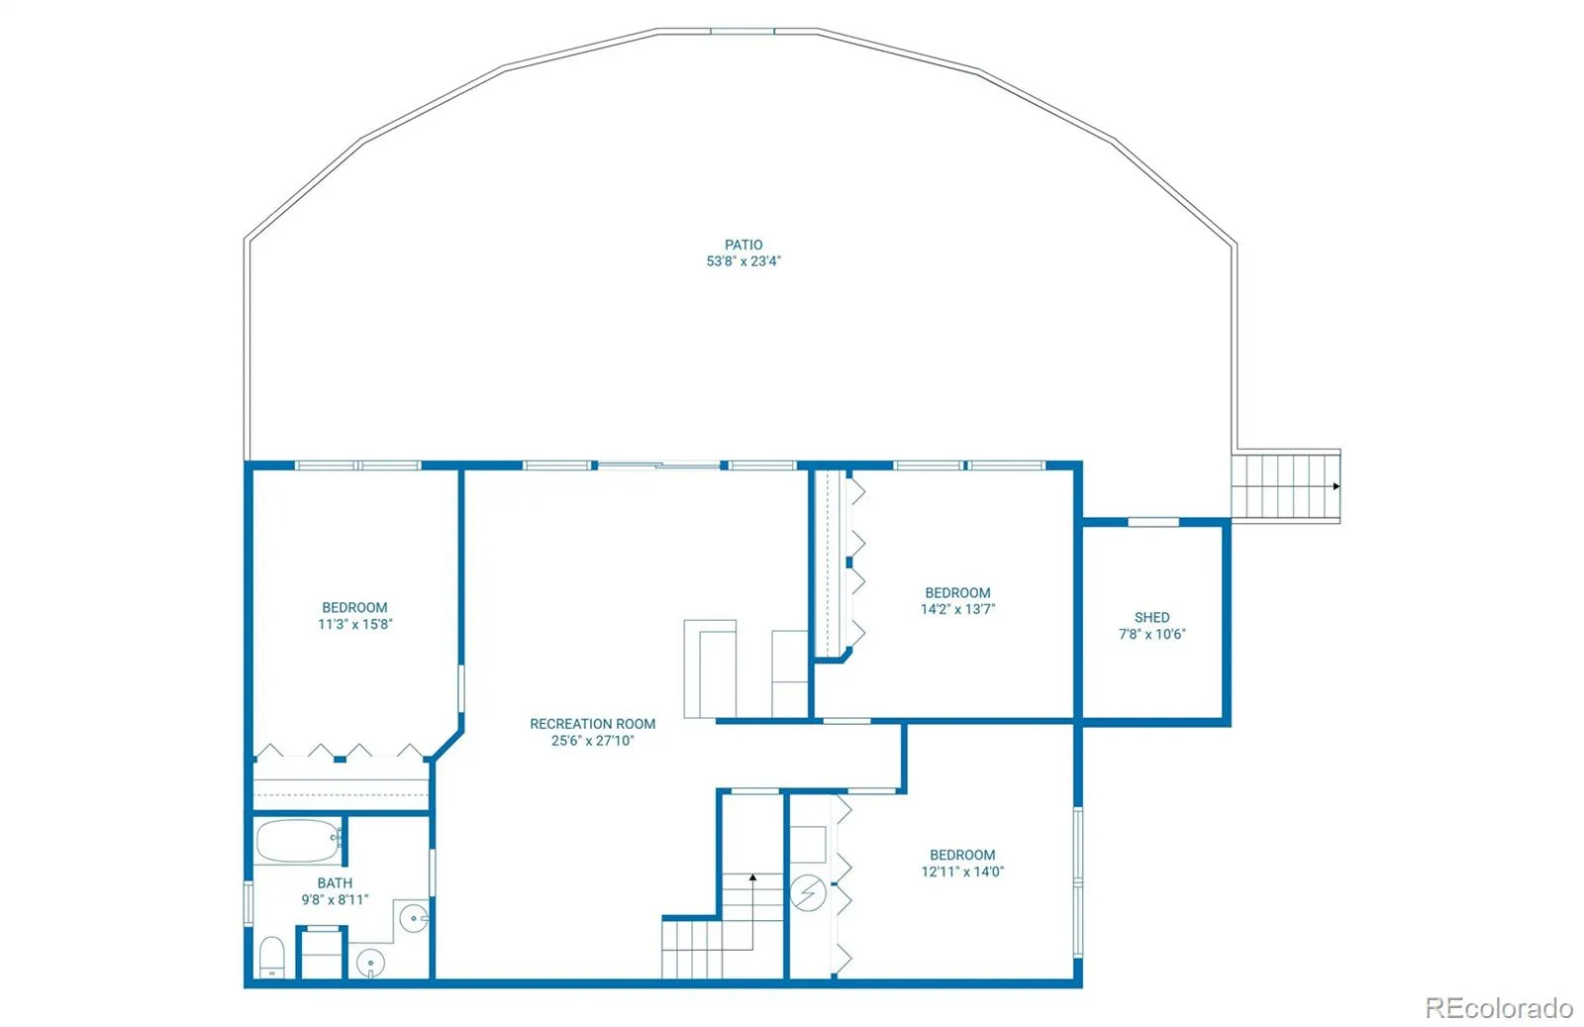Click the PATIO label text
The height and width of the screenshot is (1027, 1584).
[743, 245]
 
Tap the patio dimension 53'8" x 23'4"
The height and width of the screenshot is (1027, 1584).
[743, 261]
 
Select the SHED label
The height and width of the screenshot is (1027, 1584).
[1151, 617]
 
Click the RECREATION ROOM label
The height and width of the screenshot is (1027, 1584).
[592, 724]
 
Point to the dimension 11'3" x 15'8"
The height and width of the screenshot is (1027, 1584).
[354, 624]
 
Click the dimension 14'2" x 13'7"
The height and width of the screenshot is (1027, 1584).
[957, 609]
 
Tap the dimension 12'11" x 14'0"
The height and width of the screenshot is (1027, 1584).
[962, 872]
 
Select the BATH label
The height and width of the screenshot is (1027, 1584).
[335, 882]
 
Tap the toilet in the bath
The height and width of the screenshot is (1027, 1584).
[271, 958]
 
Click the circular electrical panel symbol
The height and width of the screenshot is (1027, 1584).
[808, 893]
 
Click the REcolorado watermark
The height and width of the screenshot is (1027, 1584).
[1499, 1008]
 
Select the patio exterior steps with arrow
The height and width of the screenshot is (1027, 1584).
[1285, 486]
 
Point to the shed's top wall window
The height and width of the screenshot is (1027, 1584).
[1153, 522]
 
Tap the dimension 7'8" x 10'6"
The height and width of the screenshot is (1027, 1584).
[1151, 634]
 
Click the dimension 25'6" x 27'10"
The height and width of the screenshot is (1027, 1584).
[592, 741]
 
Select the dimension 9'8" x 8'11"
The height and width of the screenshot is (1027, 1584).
[335, 899]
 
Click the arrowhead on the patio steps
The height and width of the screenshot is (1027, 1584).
[1336, 486]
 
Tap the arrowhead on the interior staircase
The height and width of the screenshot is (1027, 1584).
[752, 877]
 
